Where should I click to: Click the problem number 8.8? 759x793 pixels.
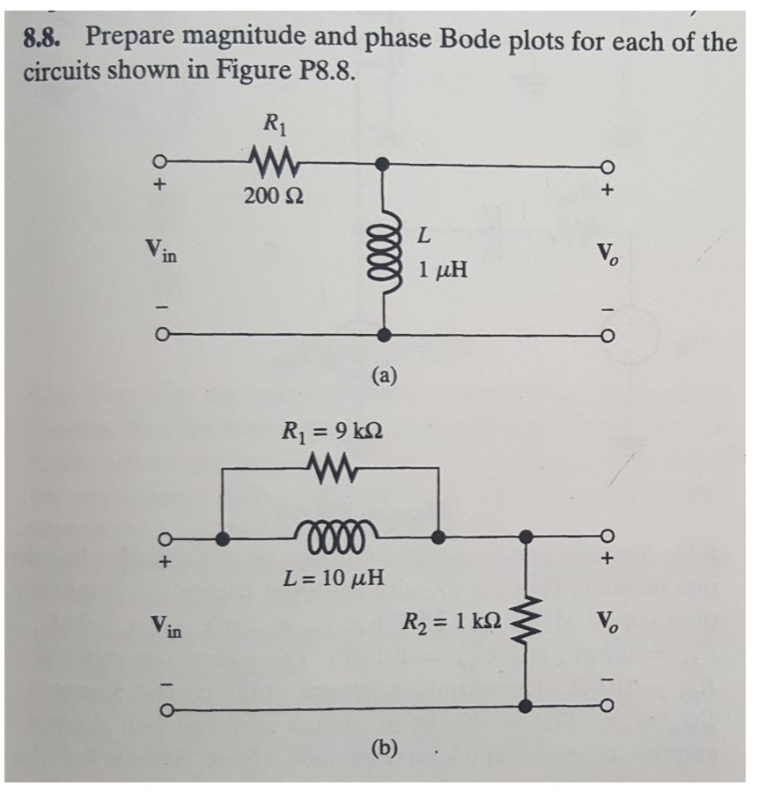coord(48,37)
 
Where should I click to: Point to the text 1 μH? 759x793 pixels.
coord(443,269)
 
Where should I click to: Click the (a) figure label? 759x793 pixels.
coord(384,377)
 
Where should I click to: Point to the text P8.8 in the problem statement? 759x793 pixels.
coord(321,71)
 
